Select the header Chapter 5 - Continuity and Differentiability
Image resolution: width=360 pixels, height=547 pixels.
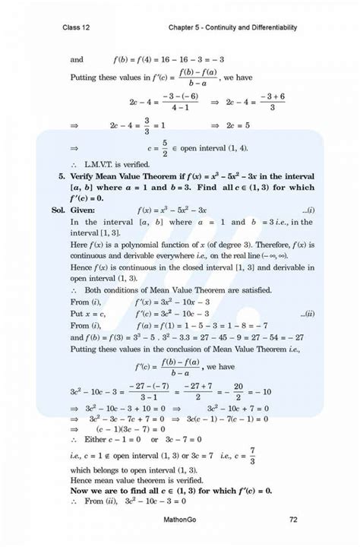click(x=232, y=27)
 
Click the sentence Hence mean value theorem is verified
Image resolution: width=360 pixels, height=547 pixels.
click(x=137, y=480)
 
